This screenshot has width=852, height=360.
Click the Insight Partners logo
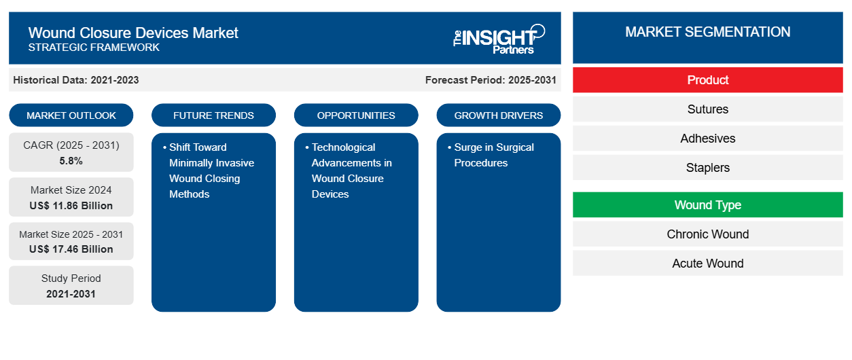point(499,38)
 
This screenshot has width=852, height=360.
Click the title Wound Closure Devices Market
point(133,32)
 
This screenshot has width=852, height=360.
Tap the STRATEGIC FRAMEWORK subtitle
point(94,48)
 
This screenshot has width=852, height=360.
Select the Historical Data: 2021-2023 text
point(76,80)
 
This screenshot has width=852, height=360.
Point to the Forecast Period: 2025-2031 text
point(491,80)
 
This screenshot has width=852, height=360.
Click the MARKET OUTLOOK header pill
point(71,115)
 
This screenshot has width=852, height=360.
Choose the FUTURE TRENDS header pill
point(213,115)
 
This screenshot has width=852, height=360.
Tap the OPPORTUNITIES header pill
point(356,115)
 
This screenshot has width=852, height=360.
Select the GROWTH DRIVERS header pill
point(499,115)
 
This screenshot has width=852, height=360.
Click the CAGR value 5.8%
point(71,161)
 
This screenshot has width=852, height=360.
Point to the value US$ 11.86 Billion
point(71,206)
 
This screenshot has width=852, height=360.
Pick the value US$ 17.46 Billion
point(71,249)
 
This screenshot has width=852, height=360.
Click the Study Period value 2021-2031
point(71,294)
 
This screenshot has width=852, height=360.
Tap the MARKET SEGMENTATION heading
point(707,32)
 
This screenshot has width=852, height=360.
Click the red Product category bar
point(707,80)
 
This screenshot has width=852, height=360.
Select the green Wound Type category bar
point(707,205)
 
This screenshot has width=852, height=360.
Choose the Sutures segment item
point(707,109)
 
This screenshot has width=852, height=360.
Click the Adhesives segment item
point(707,139)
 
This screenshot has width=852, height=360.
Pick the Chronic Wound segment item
point(707,234)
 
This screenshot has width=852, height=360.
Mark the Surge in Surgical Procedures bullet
point(493,155)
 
